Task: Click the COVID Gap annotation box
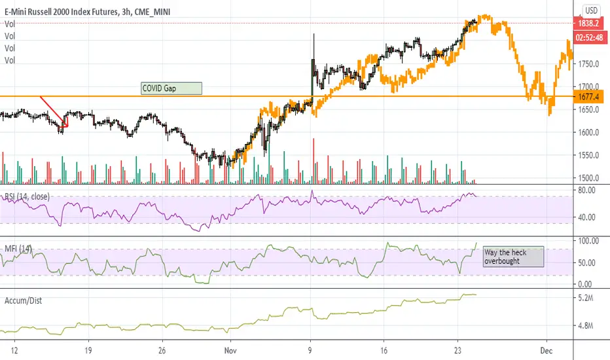coord(171,88)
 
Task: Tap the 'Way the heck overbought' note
coord(513,256)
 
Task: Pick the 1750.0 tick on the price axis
coord(588,64)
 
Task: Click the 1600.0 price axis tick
coord(588,133)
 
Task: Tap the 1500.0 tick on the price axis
coord(588,178)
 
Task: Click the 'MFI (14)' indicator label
coord(17,248)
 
